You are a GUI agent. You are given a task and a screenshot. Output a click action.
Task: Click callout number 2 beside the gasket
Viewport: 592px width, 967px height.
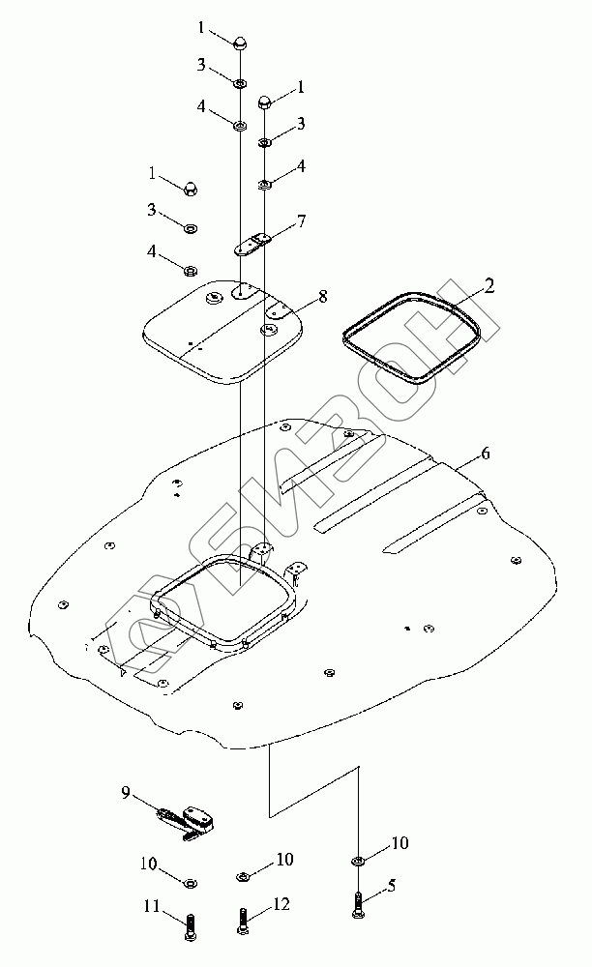point(489,286)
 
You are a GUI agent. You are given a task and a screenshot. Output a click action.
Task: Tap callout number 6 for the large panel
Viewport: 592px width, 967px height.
point(486,453)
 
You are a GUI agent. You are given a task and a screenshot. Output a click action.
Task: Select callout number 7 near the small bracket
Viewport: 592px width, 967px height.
point(302,221)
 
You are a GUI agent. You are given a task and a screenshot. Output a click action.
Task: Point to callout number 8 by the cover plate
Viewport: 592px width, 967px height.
point(322,296)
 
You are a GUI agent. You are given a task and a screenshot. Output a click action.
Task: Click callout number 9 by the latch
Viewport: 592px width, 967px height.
point(125,793)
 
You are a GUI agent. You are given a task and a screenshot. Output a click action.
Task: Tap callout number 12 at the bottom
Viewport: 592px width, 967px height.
point(281,904)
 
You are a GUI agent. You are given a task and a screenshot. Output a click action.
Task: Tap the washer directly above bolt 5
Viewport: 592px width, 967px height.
point(358,860)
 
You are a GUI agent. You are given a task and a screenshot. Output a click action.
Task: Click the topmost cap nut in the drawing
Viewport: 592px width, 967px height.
point(239,42)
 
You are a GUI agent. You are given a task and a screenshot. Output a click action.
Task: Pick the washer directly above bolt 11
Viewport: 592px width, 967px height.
point(191,882)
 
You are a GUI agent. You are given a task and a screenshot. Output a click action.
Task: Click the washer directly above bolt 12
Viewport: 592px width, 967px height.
point(242,876)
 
